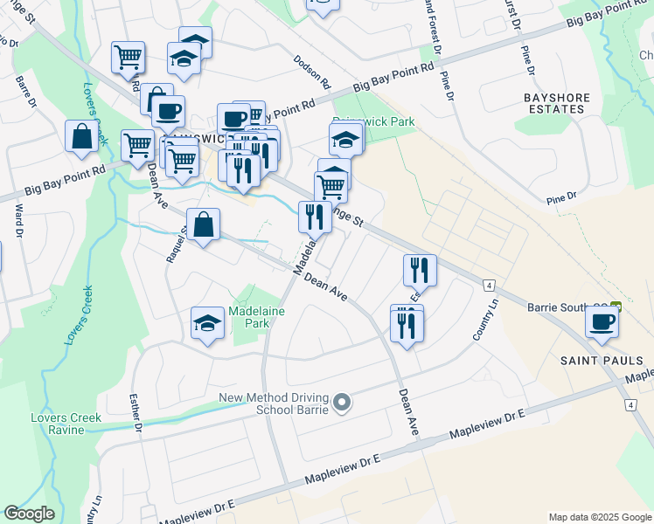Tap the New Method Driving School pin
(342, 403)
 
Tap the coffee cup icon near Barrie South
(602, 321)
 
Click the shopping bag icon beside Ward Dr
(81, 137)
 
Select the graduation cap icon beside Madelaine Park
(208, 323)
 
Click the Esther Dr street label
(136, 412)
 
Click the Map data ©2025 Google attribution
(599, 517)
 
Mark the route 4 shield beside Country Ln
(489, 286)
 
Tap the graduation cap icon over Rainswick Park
(345, 139)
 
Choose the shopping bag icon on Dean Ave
(203, 225)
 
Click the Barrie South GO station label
(569, 307)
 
